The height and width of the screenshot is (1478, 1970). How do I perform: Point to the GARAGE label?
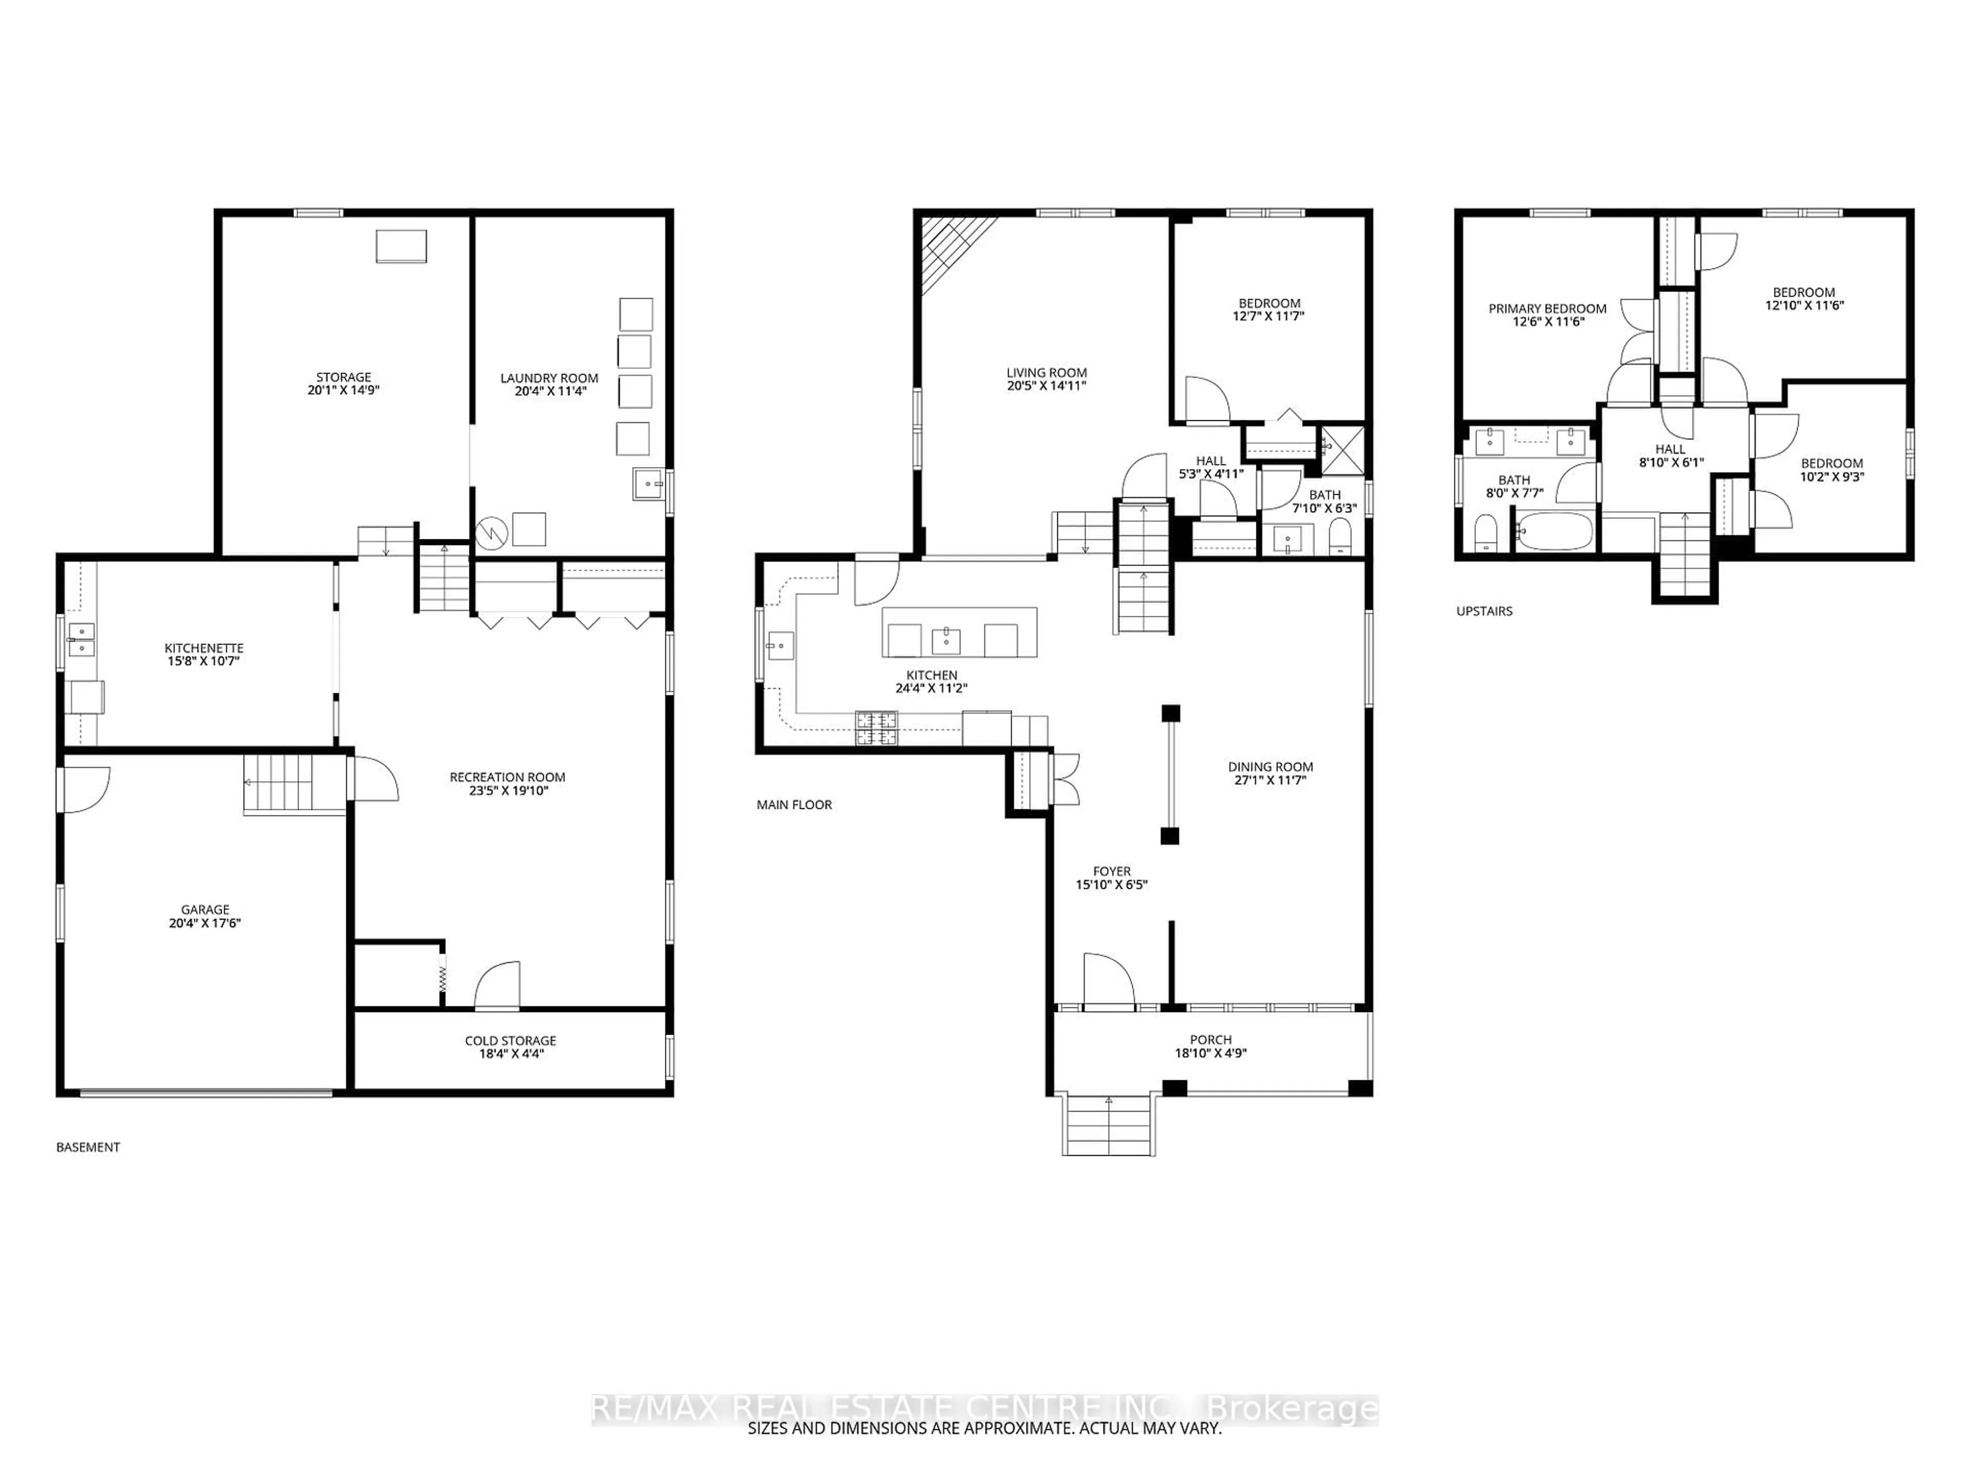click(205, 909)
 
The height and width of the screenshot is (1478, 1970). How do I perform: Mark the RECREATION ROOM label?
click(507, 777)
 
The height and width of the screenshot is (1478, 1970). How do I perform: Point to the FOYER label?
click(1112, 871)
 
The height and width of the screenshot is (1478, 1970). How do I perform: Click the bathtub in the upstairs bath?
click(1553, 532)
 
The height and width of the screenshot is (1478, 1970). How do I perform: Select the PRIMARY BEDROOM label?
click(1547, 308)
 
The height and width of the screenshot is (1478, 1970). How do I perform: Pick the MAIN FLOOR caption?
click(794, 805)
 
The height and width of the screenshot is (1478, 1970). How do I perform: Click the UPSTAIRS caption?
click(1484, 611)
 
